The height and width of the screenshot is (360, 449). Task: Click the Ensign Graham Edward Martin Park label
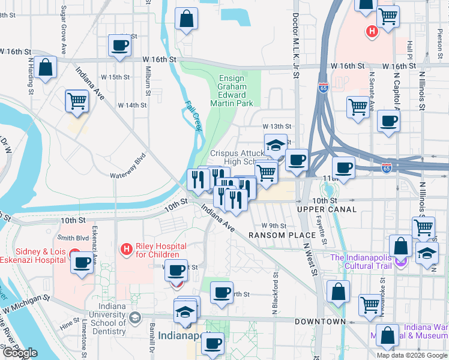[231, 91]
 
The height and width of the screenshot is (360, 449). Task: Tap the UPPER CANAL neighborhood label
[327, 209]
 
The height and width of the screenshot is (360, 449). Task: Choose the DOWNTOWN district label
[320, 322]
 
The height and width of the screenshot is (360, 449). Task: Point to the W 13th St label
[277, 127]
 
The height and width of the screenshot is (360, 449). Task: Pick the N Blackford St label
[276, 294]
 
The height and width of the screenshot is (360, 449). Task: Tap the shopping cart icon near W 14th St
[77, 101]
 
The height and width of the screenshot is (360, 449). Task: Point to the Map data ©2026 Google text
[411, 355]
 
